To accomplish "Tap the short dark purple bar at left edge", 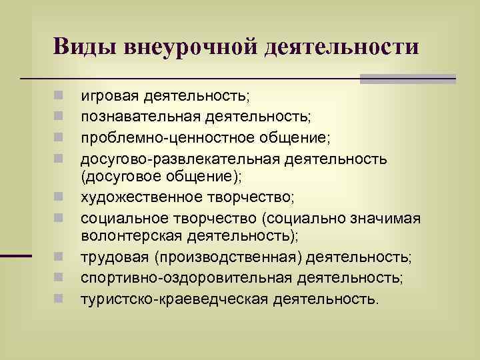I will [16, 256].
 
